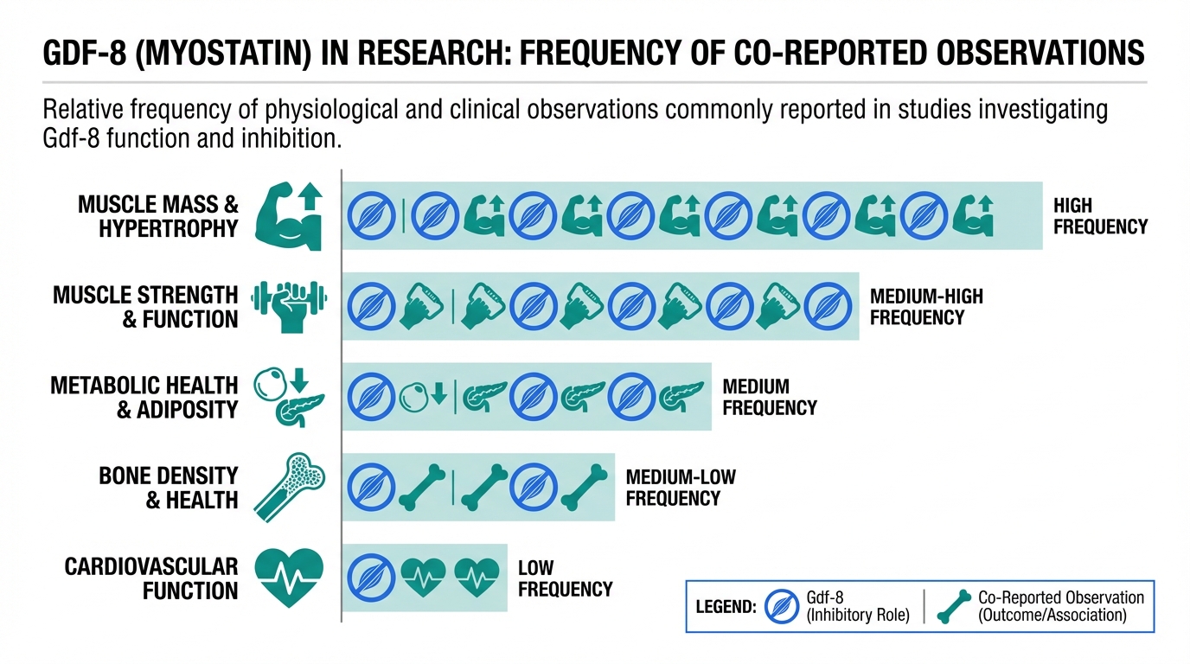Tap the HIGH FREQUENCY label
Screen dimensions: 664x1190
[x=1100, y=216]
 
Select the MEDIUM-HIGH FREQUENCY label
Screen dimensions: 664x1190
[x=926, y=307]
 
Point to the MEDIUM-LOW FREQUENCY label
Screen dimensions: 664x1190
[x=681, y=488]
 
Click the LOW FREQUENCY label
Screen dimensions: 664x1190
[x=565, y=579]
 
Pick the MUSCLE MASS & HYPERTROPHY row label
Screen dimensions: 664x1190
[x=157, y=216]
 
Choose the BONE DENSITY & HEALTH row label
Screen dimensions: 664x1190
[x=168, y=488]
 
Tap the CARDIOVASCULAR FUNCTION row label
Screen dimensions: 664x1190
[x=150, y=579]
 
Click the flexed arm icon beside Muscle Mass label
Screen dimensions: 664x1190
[x=290, y=216]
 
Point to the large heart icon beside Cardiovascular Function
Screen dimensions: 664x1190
[x=290, y=578]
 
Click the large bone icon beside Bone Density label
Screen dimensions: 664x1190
[x=290, y=488]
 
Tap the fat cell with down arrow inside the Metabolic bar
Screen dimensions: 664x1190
[x=423, y=396]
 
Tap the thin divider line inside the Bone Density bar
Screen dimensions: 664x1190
[x=453, y=488]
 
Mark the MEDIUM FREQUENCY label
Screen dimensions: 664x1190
[x=769, y=397]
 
